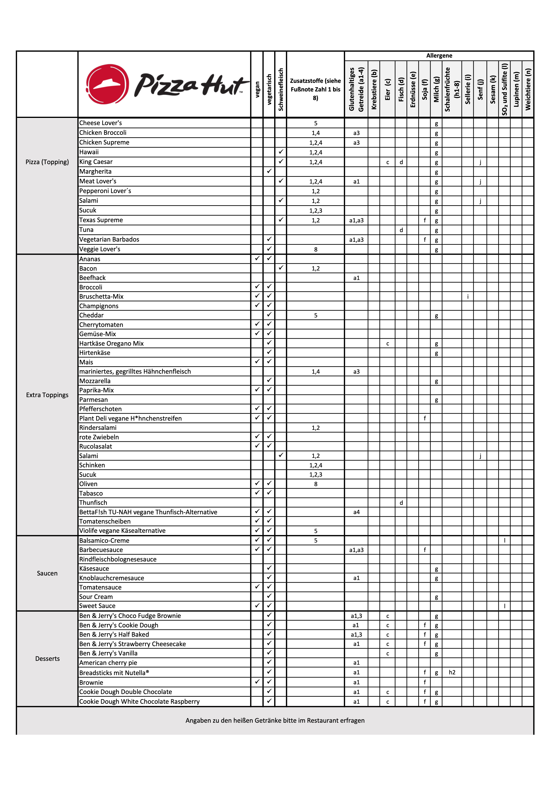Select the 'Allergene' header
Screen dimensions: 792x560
point(439,56)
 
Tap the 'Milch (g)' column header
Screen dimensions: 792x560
point(436,89)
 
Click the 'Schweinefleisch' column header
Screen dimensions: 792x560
point(281,89)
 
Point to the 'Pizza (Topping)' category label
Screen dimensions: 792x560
point(47,162)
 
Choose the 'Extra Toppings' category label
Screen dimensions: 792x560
point(47,395)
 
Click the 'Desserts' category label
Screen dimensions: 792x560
point(47,659)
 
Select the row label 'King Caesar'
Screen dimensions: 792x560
point(96,162)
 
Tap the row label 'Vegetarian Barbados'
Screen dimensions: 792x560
point(109,239)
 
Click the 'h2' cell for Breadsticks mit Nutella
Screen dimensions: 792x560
point(452,672)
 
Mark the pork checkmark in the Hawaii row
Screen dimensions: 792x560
point(281,152)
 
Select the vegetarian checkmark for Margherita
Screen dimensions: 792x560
point(269,171)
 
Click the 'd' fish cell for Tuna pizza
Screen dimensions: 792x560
point(401,230)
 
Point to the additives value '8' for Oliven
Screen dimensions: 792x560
point(315,484)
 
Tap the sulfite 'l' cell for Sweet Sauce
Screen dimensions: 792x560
point(504,606)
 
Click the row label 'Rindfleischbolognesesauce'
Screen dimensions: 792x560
point(118,559)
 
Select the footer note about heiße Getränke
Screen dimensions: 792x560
point(275,720)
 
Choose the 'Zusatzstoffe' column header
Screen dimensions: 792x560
point(315,89)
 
